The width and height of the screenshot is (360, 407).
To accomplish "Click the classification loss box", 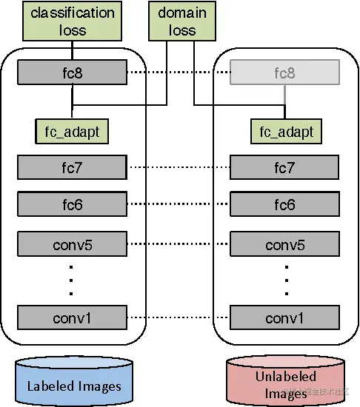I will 71,22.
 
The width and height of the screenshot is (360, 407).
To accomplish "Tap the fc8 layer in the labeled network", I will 71,73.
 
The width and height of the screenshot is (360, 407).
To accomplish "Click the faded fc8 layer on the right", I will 285,73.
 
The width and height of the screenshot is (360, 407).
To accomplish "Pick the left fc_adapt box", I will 71,132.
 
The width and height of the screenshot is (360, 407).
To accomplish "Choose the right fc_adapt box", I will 285,132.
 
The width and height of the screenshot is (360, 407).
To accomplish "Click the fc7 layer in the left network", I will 71,167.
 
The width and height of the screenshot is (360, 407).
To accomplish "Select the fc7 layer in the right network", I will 285,167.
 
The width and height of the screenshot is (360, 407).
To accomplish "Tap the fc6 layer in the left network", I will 71,203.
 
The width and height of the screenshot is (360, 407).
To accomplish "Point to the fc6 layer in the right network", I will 285,203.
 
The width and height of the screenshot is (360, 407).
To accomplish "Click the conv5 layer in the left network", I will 71,243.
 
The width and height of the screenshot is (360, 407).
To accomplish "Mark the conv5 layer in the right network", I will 285,243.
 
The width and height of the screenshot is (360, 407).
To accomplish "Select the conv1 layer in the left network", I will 71,318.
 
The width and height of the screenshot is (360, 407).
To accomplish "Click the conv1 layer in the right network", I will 285,318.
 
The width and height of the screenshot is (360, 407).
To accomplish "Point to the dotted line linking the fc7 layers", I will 178,167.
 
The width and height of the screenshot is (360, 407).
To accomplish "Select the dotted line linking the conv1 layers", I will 178,318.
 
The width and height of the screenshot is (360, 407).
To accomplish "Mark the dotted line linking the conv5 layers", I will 178,243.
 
